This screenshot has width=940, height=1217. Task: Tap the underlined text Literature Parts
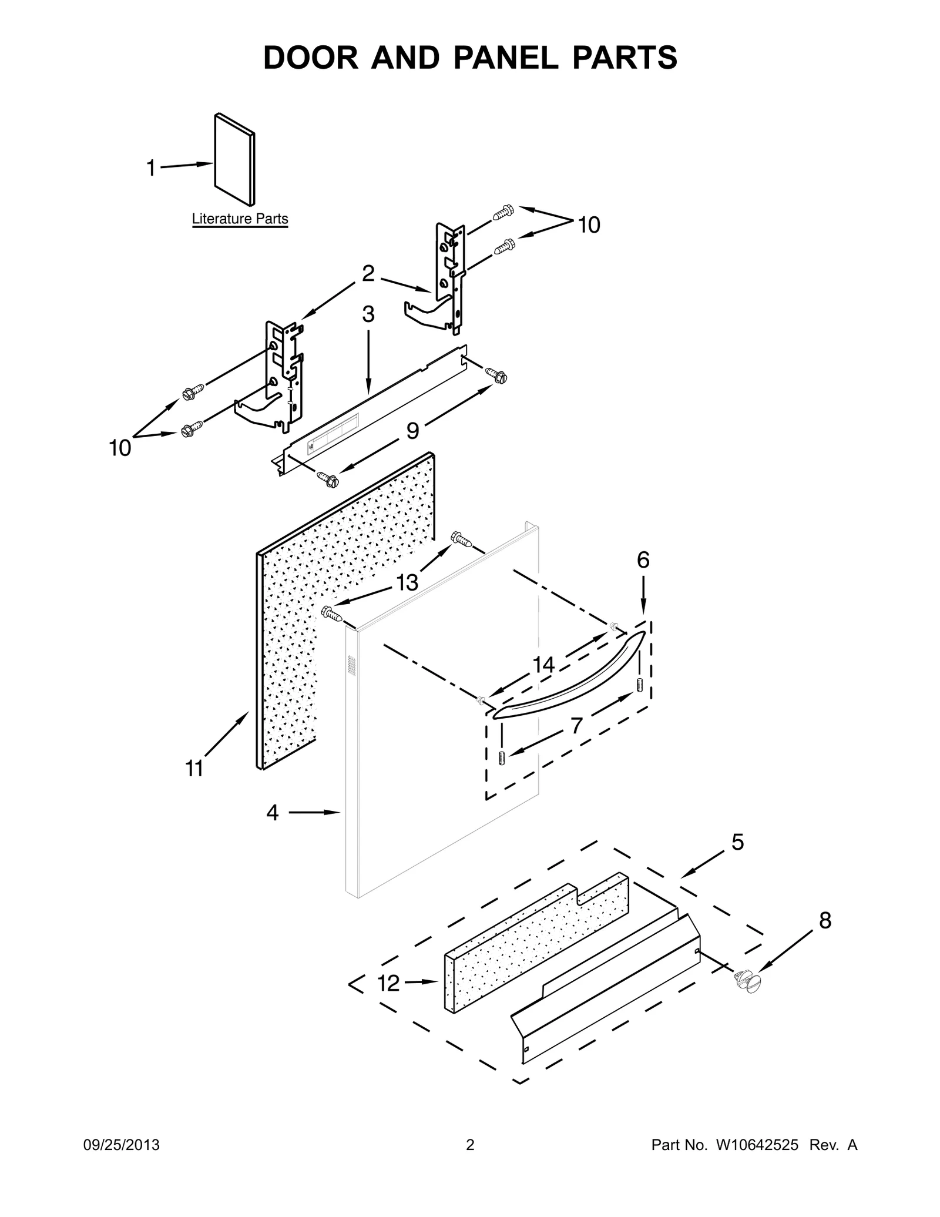[240, 219]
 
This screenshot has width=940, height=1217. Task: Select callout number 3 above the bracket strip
[368, 314]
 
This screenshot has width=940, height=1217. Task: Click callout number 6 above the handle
[643, 560]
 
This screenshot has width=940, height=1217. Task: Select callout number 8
[825, 921]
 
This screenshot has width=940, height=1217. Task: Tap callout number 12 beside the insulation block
[388, 983]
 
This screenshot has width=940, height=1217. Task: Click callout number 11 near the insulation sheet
[194, 768]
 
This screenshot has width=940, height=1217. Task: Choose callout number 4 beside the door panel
[272, 813]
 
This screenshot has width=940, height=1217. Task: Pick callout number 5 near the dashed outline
[737, 842]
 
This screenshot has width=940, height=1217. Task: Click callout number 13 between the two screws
[407, 582]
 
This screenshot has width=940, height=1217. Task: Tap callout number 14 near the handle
[543, 665]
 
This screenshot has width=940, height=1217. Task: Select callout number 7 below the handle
[576, 726]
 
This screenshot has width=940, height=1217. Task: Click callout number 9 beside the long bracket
[412, 431]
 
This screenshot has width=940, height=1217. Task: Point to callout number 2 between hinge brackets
[368, 273]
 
